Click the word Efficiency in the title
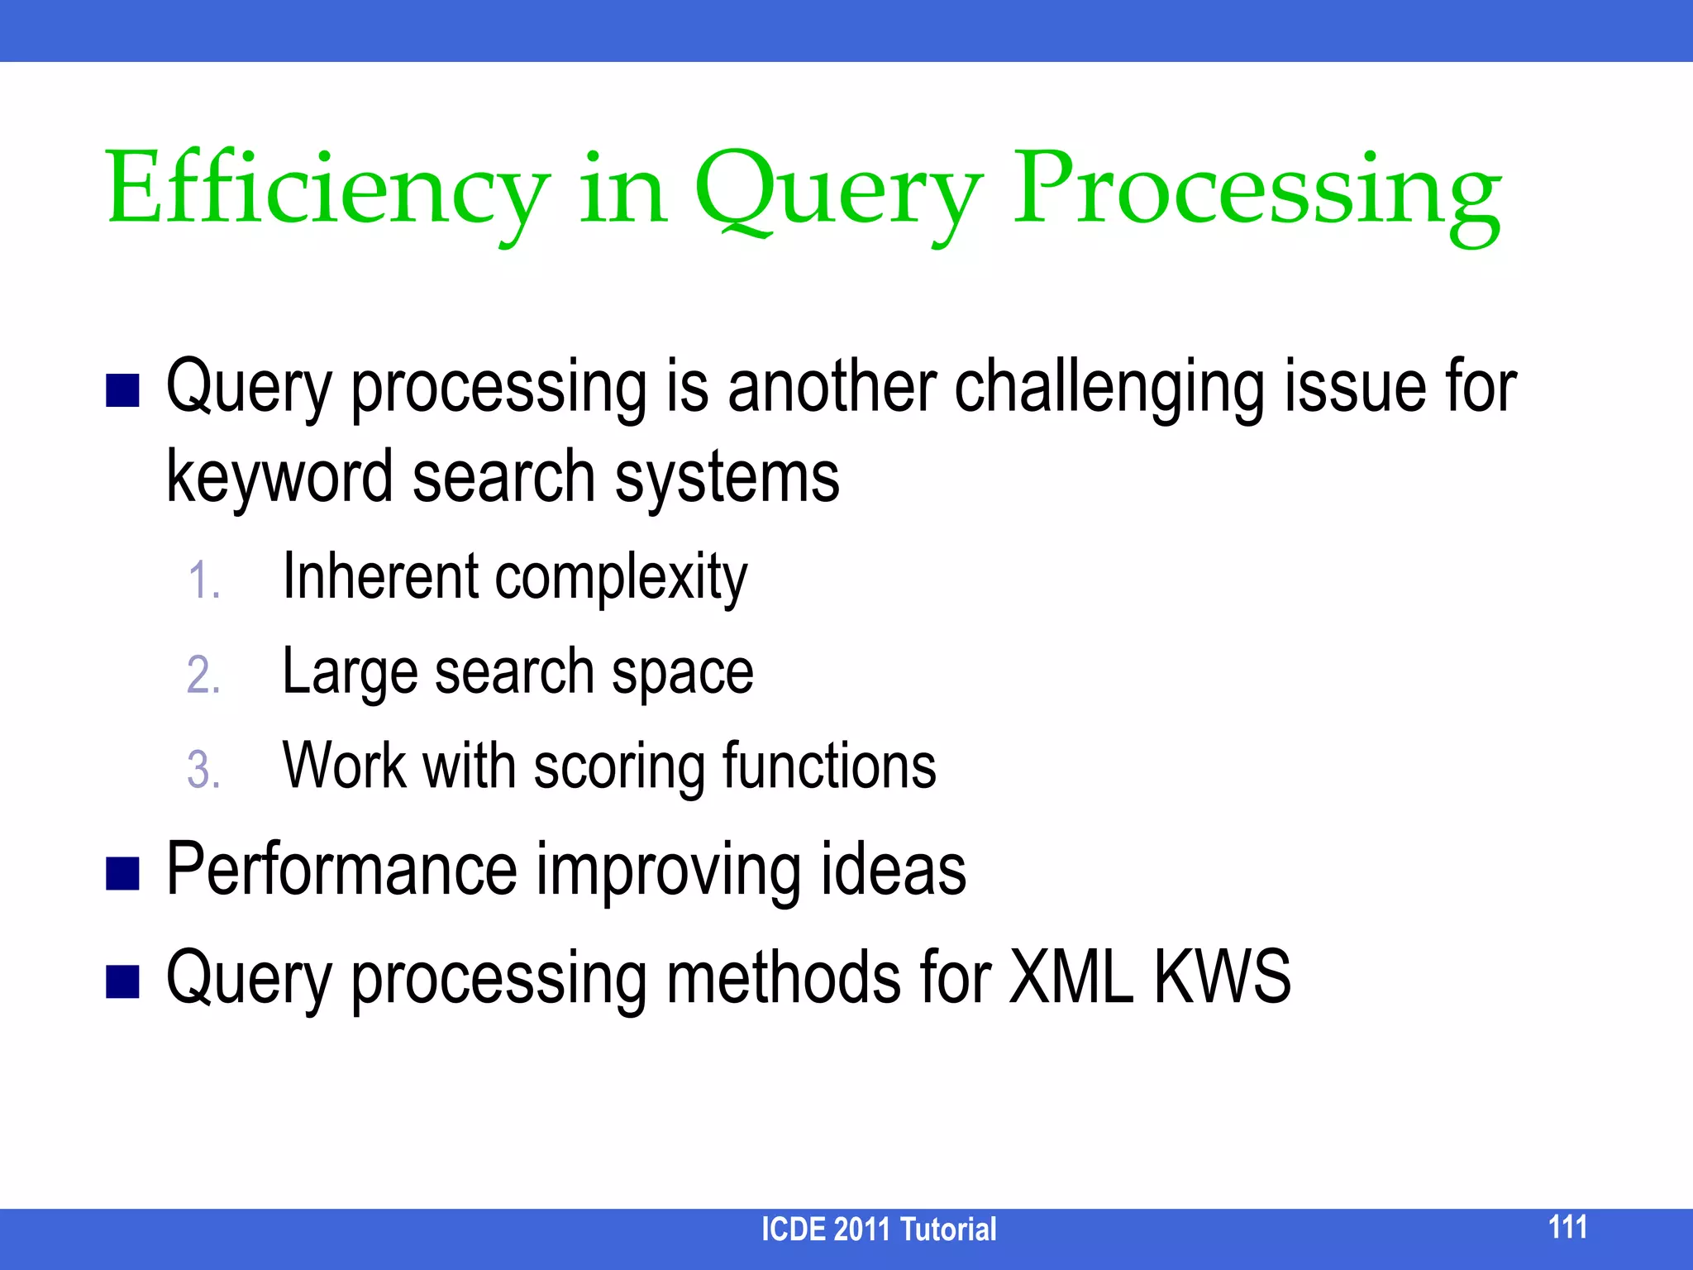(x=327, y=192)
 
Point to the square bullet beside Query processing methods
(x=122, y=981)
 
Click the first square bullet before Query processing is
(x=122, y=390)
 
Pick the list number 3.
(x=203, y=770)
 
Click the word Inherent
(x=380, y=576)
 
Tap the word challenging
(x=1109, y=389)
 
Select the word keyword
(x=279, y=478)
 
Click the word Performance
(x=341, y=869)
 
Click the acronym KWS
(x=1222, y=977)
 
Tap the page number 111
(x=1567, y=1227)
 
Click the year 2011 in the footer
(x=861, y=1229)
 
